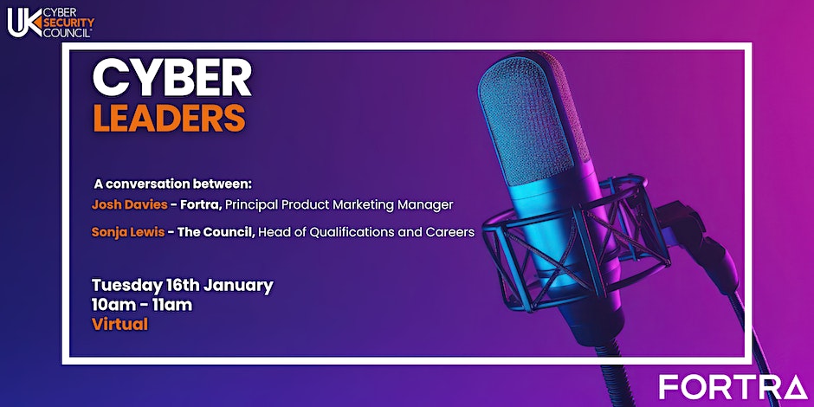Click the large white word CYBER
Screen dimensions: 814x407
pyautogui.click(x=171, y=79)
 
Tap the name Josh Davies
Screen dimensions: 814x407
pyautogui.click(x=129, y=205)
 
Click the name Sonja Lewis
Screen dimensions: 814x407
pyautogui.click(x=128, y=233)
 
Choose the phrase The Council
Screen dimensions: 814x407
pyautogui.click(x=216, y=233)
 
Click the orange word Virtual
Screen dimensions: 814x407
pyautogui.click(x=120, y=324)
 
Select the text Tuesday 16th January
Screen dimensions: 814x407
pyautogui.click(x=182, y=286)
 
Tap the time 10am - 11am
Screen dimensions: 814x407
pyautogui.click(x=142, y=305)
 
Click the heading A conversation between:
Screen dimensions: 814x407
pyautogui.click(x=176, y=184)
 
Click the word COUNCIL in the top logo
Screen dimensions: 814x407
pyautogui.click(x=68, y=32)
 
